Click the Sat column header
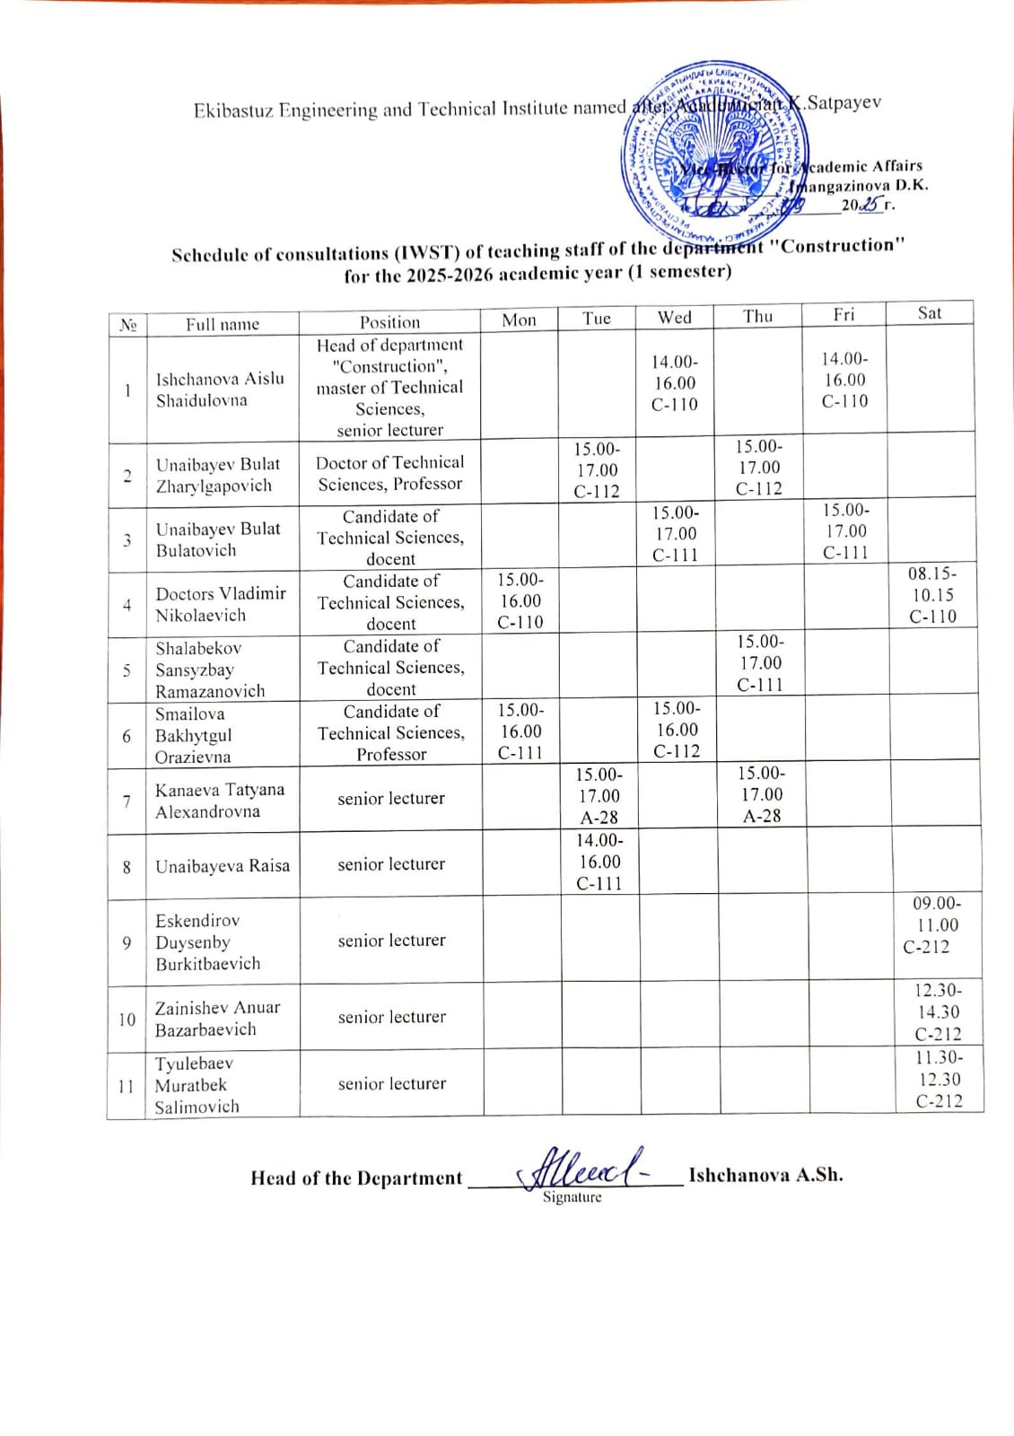click(930, 313)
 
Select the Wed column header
click(675, 317)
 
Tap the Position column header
click(389, 322)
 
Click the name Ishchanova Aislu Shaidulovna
click(220, 390)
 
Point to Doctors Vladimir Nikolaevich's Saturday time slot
click(932, 595)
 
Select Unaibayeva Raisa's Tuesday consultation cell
click(599, 862)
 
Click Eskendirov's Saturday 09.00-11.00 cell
click(936, 925)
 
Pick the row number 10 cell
click(127, 1020)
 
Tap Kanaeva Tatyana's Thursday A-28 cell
click(761, 794)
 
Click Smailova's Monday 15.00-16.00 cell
click(520, 731)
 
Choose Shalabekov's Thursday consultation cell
click(760, 663)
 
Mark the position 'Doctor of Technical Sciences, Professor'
click(390, 473)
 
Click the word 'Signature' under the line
click(572, 1197)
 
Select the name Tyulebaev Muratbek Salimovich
click(197, 1085)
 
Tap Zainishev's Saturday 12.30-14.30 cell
click(938, 1012)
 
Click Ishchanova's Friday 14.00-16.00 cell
click(844, 380)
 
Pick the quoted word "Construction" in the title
click(838, 246)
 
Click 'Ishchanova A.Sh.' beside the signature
click(765, 1175)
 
